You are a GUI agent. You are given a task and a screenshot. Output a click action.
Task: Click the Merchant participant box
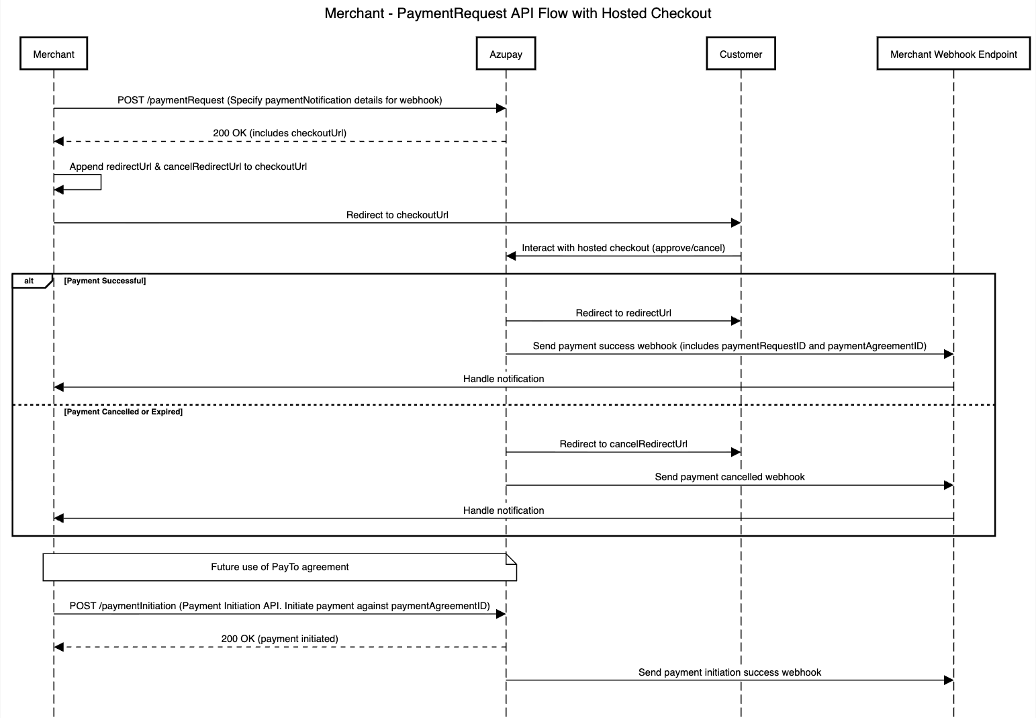[x=54, y=54]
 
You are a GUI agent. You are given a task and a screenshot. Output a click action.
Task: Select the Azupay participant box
[x=506, y=54]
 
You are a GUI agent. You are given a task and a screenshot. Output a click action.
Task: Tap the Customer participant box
[x=741, y=54]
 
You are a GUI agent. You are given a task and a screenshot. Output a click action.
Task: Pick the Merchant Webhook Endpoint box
[x=953, y=54]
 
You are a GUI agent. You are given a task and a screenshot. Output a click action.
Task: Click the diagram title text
[x=518, y=13]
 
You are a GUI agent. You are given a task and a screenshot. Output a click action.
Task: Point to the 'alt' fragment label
[x=29, y=281]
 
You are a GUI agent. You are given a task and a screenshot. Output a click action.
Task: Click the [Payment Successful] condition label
[x=105, y=281]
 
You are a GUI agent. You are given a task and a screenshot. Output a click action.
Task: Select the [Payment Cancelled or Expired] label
[x=124, y=412]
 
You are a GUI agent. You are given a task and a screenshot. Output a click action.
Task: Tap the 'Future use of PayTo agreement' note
[x=280, y=567]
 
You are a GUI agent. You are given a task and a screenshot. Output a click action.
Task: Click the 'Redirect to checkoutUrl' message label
[x=397, y=215]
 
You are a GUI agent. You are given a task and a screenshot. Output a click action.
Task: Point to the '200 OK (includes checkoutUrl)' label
[x=280, y=133]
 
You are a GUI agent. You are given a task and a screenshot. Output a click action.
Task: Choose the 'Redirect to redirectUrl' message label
[x=624, y=313]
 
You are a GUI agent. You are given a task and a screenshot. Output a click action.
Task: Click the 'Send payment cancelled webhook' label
[x=730, y=477]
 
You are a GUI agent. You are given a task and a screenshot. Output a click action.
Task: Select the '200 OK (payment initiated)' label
[x=280, y=639]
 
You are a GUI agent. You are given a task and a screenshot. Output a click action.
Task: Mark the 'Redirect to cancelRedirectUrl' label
[x=624, y=444]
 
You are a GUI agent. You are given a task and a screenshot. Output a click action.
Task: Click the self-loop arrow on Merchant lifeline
[x=101, y=182]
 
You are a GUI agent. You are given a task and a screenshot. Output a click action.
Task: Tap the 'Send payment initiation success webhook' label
[x=730, y=672]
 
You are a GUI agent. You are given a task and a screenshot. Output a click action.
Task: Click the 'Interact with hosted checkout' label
[x=624, y=248]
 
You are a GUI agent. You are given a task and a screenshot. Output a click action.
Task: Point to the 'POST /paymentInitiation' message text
[x=280, y=606]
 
